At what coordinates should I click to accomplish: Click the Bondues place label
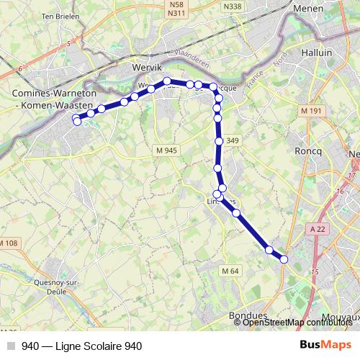click(248, 316)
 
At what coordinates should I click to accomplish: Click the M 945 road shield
click(166, 149)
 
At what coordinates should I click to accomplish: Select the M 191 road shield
click(312, 110)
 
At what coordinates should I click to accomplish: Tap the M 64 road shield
click(230, 270)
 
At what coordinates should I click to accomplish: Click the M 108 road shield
click(10, 243)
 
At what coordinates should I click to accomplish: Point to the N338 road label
click(233, 6)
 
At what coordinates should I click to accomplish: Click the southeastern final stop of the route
click(284, 259)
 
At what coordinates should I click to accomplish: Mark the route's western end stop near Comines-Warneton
click(77, 122)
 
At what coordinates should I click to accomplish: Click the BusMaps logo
click(325, 345)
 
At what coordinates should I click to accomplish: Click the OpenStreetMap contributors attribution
click(297, 323)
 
